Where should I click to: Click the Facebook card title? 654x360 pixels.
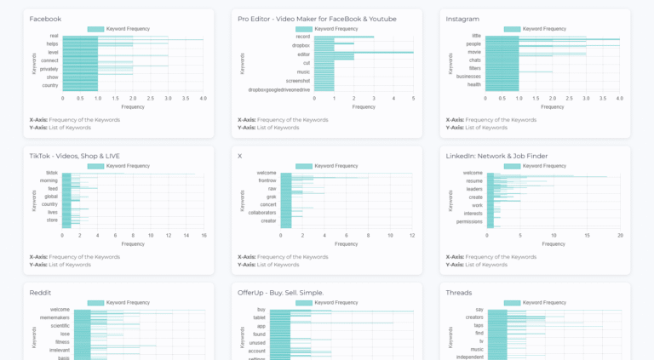(45, 19)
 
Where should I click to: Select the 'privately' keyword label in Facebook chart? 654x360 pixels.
(49, 69)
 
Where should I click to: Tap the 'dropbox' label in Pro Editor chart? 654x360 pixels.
(301, 45)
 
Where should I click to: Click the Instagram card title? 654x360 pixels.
(463, 19)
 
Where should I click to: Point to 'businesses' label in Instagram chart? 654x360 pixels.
(468, 76)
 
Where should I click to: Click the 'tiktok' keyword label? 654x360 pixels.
(52, 173)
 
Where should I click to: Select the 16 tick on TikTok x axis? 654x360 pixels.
(204, 236)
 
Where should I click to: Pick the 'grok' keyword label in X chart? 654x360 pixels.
(271, 197)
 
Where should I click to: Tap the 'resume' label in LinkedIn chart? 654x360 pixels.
(473, 181)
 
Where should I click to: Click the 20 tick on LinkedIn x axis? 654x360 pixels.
(620, 236)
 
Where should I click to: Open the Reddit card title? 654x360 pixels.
(40, 293)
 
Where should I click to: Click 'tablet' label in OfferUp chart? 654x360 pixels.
(259, 317)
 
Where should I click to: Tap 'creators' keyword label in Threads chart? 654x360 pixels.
(473, 317)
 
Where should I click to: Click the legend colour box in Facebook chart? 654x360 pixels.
(95, 29)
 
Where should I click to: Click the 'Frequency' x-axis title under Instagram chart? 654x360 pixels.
(552, 106)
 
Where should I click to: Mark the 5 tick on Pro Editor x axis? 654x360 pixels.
(413, 99)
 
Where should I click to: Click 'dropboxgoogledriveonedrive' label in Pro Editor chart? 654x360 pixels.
(278, 89)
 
